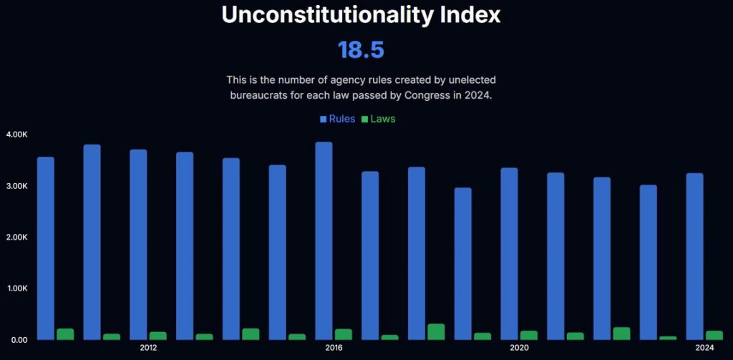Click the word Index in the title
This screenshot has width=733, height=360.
coord(468,15)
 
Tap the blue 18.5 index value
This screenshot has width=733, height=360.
coord(361,50)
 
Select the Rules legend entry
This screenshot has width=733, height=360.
coord(337,119)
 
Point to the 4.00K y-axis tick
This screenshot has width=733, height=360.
coord(16,135)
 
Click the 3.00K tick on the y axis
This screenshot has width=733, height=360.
coord(16,186)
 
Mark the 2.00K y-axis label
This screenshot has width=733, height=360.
coord(16,238)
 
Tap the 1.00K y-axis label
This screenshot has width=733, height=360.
coord(16,288)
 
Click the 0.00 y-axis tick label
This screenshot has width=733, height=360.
coord(19,340)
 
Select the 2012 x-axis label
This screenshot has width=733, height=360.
coord(149,349)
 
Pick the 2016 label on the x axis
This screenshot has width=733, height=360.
coord(334,349)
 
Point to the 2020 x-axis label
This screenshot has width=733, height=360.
coord(519,349)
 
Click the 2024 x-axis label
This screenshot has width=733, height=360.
coord(704,349)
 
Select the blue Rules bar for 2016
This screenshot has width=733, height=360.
coord(324,240)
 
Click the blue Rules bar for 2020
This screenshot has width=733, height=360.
coord(510,253)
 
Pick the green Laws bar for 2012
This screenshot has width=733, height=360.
coord(158,335)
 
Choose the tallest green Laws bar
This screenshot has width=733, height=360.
coord(436,331)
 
